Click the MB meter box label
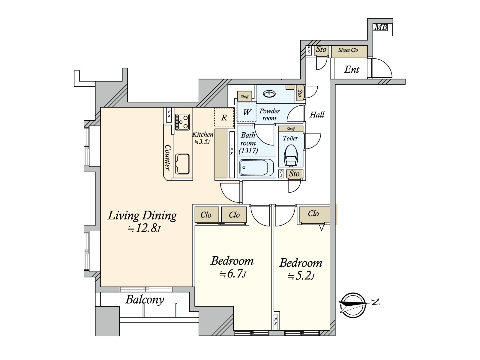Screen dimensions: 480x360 pos(381,27)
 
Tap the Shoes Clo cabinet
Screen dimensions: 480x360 pos(349,52)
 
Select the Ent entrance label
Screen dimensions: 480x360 pos(352,70)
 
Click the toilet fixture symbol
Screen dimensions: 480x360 pos(291,156)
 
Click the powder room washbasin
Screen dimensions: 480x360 pos(269,94)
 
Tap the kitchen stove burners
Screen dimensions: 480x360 pos(182,122)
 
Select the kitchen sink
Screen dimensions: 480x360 pos(182,164)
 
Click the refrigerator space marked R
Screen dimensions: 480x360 pos(224,117)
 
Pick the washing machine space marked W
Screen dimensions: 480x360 pos(247,112)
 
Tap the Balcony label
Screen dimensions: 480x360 pos(145,300)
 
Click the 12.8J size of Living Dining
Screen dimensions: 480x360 pos(144,229)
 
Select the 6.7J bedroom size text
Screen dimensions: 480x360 pos(233,274)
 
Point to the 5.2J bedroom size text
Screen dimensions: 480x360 pos(301,276)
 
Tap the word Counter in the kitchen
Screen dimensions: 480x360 pos(168,157)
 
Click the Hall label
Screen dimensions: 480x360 pos(317,115)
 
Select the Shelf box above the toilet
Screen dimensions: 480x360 pos(291,129)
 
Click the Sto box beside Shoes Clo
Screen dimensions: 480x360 pos(321,49)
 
